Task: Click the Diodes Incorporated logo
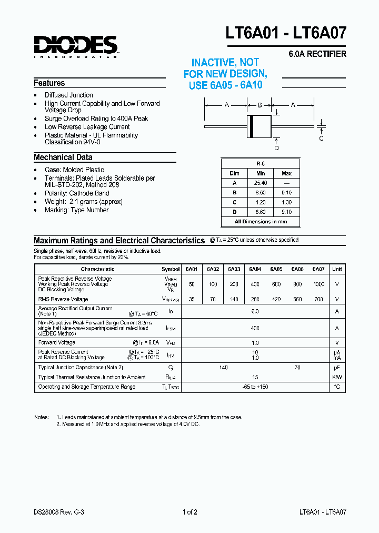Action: pos(76,46)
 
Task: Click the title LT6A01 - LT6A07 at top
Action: pos(286,33)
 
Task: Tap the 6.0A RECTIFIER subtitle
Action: pos(317,54)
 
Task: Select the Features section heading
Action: pos(49,83)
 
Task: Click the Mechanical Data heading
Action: pos(63,157)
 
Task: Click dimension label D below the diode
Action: pos(276,148)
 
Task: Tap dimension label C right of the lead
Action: pos(321,139)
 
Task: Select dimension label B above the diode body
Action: pos(260,105)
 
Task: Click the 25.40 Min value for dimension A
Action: pos(260,183)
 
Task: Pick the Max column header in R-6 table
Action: pos(286,173)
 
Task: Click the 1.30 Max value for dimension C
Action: pos(286,202)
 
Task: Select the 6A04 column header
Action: pos(255,269)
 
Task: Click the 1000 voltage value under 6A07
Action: pos(318,284)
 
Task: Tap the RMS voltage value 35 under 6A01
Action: pos(192,299)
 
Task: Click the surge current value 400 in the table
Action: pos(255,328)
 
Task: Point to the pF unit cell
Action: pos(337,368)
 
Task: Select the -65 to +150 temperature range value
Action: pos(255,387)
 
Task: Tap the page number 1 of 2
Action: pos(189,511)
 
